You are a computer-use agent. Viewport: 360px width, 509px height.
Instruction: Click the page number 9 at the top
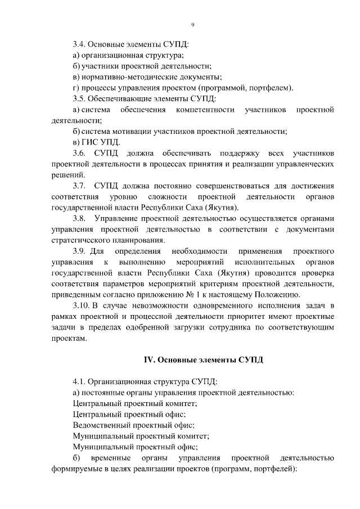tap(192, 25)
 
